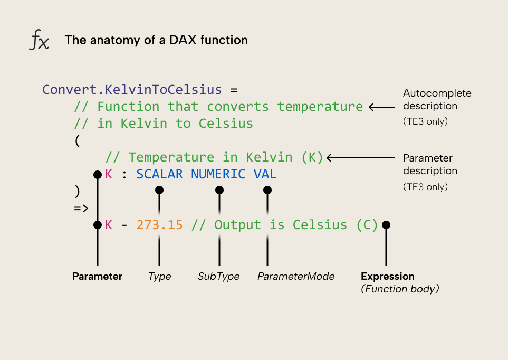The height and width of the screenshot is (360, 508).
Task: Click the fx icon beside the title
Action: click(x=39, y=40)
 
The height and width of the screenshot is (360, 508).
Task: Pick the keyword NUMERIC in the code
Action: click(x=218, y=174)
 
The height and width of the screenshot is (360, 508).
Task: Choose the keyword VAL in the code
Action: click(x=265, y=174)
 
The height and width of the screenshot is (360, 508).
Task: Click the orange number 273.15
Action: click(x=159, y=225)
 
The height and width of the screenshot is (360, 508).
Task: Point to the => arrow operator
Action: click(x=81, y=208)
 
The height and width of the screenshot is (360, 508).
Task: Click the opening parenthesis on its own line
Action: click(x=77, y=140)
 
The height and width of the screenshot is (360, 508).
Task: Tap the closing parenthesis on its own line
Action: click(x=77, y=191)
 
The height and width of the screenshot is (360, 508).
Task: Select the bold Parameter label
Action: click(x=97, y=277)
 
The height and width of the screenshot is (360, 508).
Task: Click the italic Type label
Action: click(x=159, y=277)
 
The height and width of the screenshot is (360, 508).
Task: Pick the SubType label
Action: click(x=218, y=277)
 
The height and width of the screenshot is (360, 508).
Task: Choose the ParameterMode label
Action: click(x=295, y=277)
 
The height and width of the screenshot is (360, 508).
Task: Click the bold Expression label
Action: click(x=387, y=277)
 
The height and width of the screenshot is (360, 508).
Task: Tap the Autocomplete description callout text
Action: click(x=437, y=100)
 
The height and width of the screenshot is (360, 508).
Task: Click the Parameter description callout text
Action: click(x=429, y=164)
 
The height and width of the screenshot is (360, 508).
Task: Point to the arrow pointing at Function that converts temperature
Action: click(x=381, y=107)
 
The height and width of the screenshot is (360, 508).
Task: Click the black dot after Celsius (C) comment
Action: click(x=386, y=225)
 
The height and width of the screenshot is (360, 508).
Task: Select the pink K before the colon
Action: click(x=109, y=174)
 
